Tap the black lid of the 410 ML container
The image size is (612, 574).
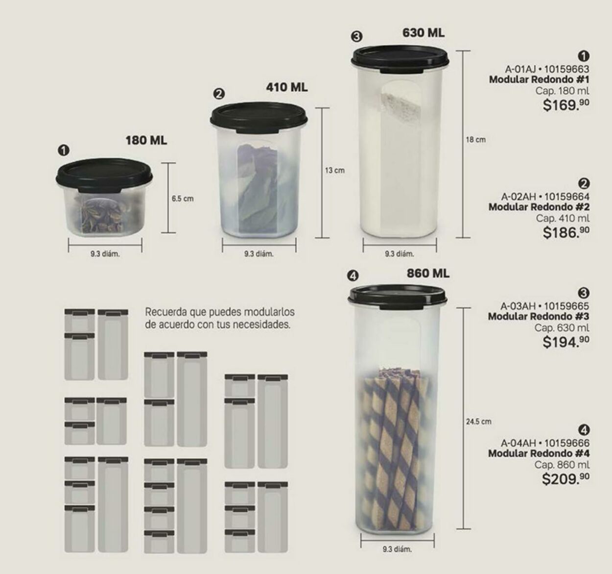point(259,118)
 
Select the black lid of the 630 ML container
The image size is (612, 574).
point(400,57)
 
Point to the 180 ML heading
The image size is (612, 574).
point(146,141)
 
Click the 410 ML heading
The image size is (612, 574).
point(287,87)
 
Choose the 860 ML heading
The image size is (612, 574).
point(427,273)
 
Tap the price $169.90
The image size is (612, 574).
point(565,104)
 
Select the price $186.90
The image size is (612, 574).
point(565,232)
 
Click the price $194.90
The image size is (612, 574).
point(565,342)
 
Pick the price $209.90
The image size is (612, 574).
point(565,478)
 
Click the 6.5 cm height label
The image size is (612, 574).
point(182,199)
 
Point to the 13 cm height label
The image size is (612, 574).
point(335,171)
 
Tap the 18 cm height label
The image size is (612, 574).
point(475,140)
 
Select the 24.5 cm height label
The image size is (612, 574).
point(478,422)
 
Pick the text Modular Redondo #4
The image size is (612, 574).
point(539,453)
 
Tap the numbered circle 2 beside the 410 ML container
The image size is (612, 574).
point(219,94)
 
